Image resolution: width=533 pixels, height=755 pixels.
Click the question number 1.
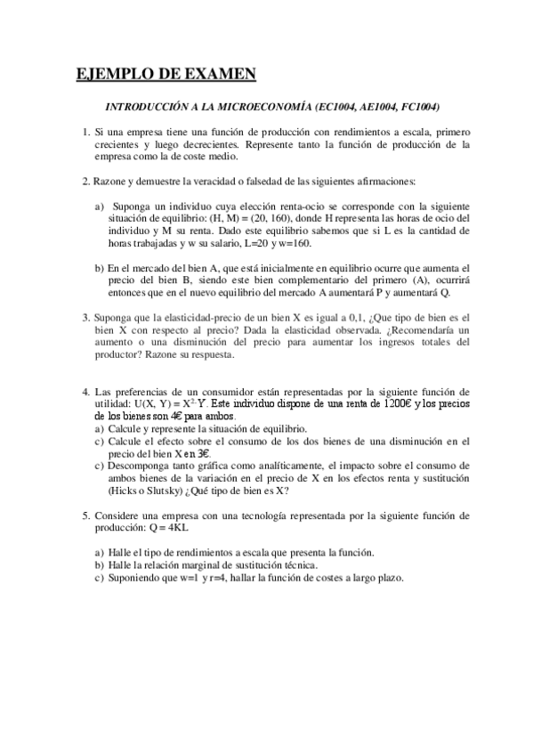pyautogui.click(x=85, y=132)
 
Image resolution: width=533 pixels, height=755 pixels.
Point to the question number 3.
pyautogui.click(x=85, y=316)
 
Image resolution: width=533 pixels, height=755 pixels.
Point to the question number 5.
pyautogui.click(x=85, y=515)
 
